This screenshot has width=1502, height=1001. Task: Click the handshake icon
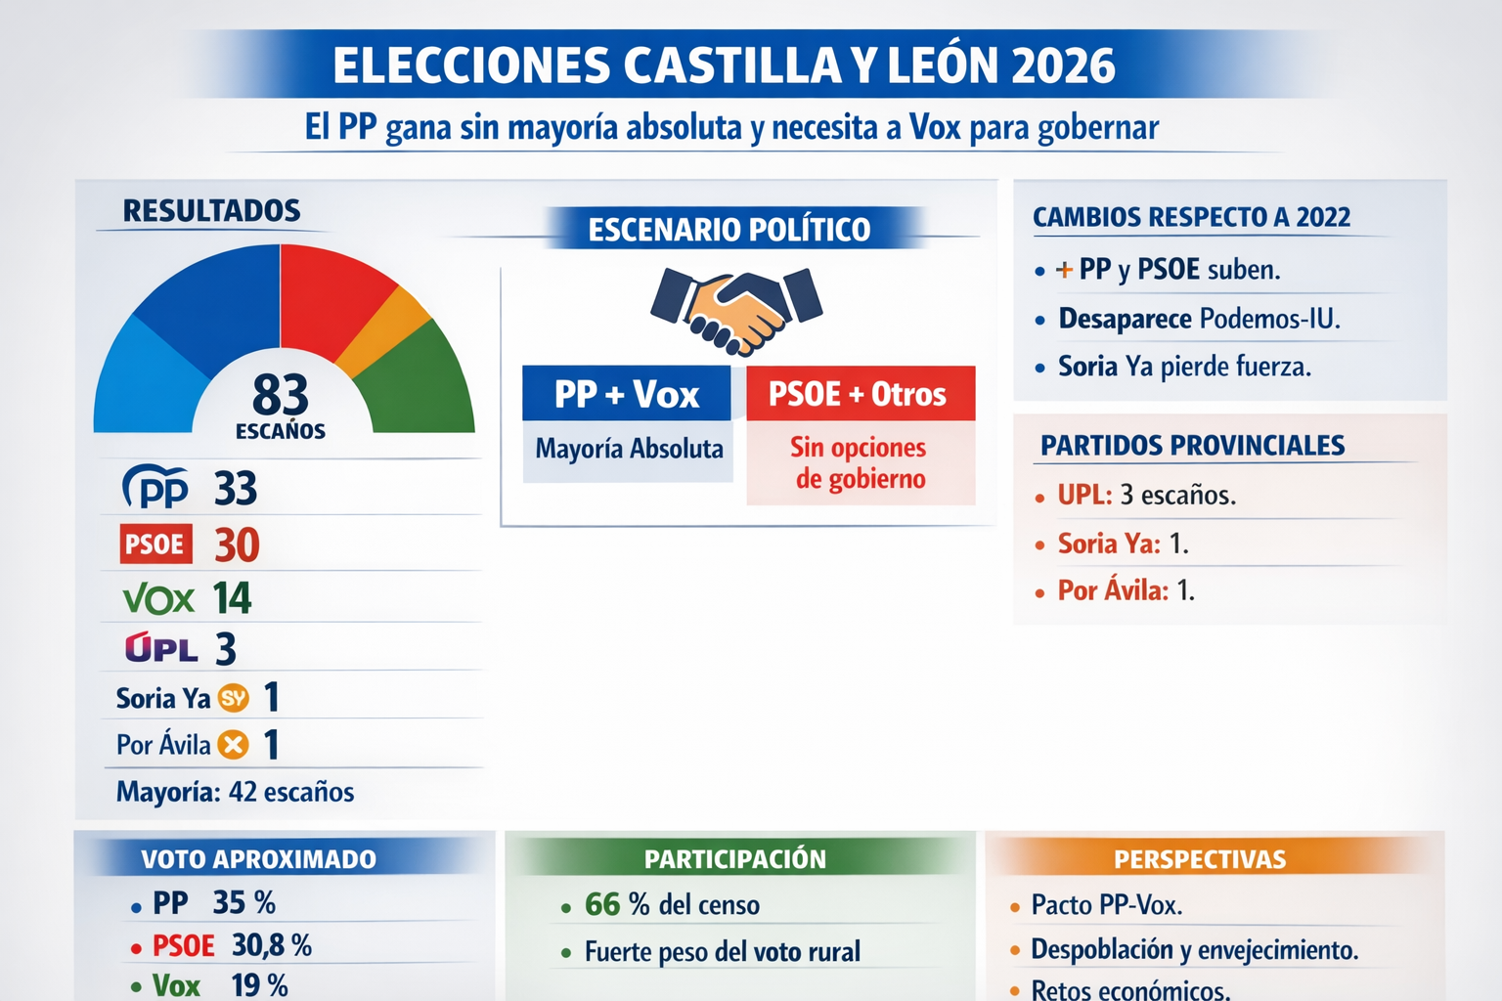[x=736, y=309]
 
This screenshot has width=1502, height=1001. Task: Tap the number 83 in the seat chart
[x=281, y=395]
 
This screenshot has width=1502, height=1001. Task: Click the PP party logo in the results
[x=155, y=487]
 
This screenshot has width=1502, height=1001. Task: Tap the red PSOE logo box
[x=155, y=544]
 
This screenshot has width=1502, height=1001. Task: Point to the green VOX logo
[x=158, y=598]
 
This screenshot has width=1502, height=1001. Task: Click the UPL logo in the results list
[x=161, y=648]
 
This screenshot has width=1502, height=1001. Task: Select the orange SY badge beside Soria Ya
[x=234, y=698]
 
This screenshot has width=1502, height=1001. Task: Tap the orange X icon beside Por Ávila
[x=233, y=745]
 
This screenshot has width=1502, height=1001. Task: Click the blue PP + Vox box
[x=627, y=394]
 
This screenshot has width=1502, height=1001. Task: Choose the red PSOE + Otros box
[x=860, y=394]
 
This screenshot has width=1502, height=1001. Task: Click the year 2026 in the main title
[x=1063, y=66]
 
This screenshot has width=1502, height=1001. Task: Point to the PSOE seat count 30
[x=237, y=545]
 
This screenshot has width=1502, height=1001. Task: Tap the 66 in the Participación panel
[x=602, y=905]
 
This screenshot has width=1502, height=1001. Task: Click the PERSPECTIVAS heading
[x=1200, y=859]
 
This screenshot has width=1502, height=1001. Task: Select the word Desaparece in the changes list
[x=1125, y=319]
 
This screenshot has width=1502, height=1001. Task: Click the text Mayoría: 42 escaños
[x=236, y=792]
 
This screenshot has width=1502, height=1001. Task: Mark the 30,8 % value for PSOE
[x=272, y=945]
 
